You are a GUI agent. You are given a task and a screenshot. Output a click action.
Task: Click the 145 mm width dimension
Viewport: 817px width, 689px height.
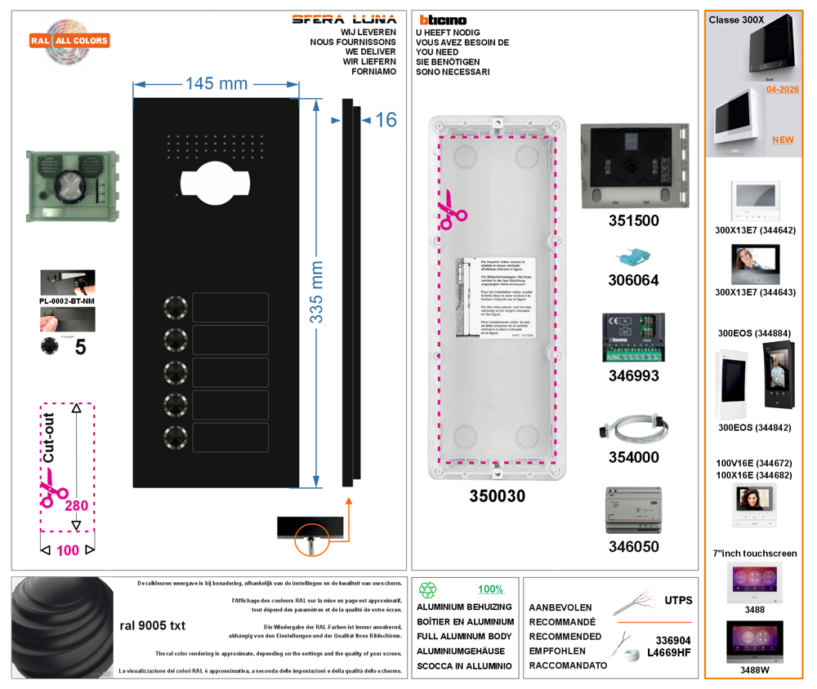coord(216,83)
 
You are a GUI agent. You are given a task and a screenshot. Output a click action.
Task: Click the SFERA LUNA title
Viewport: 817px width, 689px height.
coord(344,20)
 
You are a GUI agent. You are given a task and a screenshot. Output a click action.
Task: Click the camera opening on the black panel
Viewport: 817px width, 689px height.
coord(212,181)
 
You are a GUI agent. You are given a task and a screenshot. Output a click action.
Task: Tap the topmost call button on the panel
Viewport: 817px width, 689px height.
coord(176,307)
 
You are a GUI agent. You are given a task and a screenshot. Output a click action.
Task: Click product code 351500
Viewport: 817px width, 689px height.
coord(633,221)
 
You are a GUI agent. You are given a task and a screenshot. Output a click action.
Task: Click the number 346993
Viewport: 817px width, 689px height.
coord(633,376)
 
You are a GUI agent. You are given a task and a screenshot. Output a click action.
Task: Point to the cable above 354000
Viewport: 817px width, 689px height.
coord(633,429)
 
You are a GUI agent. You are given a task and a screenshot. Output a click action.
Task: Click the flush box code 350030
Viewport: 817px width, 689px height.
coord(497,496)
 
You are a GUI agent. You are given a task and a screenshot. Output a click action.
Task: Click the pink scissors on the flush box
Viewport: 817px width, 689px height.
coord(452,211)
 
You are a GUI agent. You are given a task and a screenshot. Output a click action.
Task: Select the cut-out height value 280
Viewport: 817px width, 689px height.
coord(76,506)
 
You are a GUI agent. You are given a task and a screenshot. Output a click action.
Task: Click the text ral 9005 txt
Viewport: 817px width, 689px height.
coord(153,626)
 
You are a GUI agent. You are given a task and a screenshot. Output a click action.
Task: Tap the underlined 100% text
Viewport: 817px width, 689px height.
coord(490,589)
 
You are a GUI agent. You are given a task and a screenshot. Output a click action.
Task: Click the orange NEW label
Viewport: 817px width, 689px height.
coord(783,140)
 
